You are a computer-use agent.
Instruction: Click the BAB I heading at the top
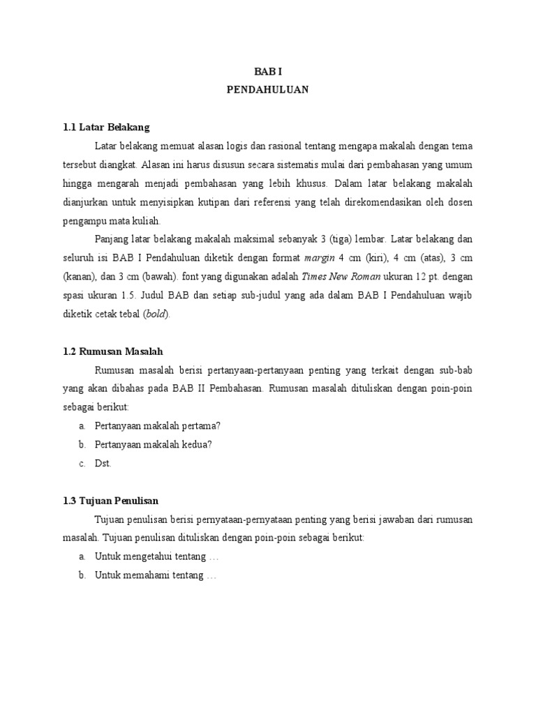tap(267, 72)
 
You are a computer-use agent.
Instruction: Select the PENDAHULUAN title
tap(267, 90)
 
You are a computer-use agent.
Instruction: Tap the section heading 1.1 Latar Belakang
tap(106, 128)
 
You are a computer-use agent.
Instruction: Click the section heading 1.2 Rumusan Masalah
tap(112, 351)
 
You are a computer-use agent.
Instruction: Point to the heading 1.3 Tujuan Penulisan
tap(110, 501)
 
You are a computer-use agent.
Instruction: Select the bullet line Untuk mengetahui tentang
tap(157, 556)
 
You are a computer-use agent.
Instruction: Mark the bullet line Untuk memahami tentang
tap(156, 575)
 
